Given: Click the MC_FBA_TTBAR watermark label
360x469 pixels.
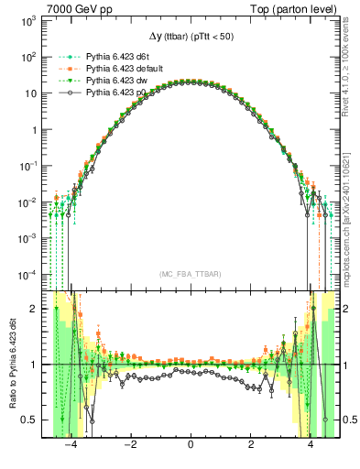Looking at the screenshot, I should click(190, 275).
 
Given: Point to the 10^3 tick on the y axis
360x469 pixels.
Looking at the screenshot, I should click(27, 19).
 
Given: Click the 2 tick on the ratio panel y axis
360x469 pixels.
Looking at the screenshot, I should click(34, 309).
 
